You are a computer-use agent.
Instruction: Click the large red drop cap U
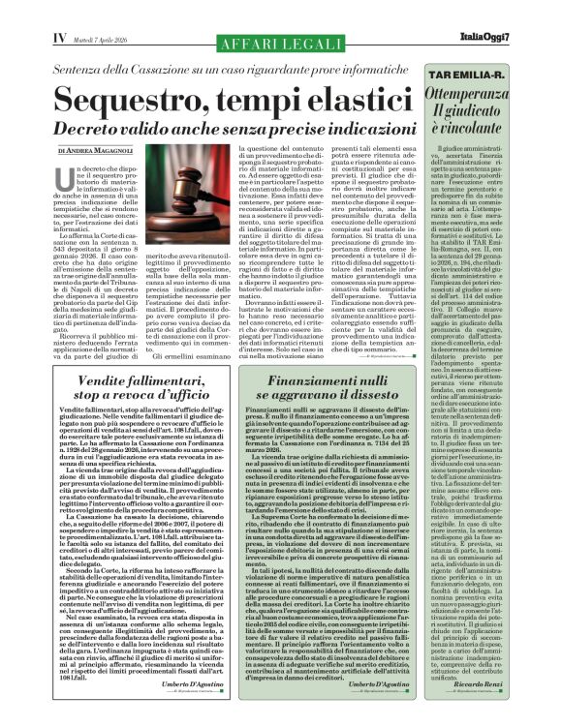68,183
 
